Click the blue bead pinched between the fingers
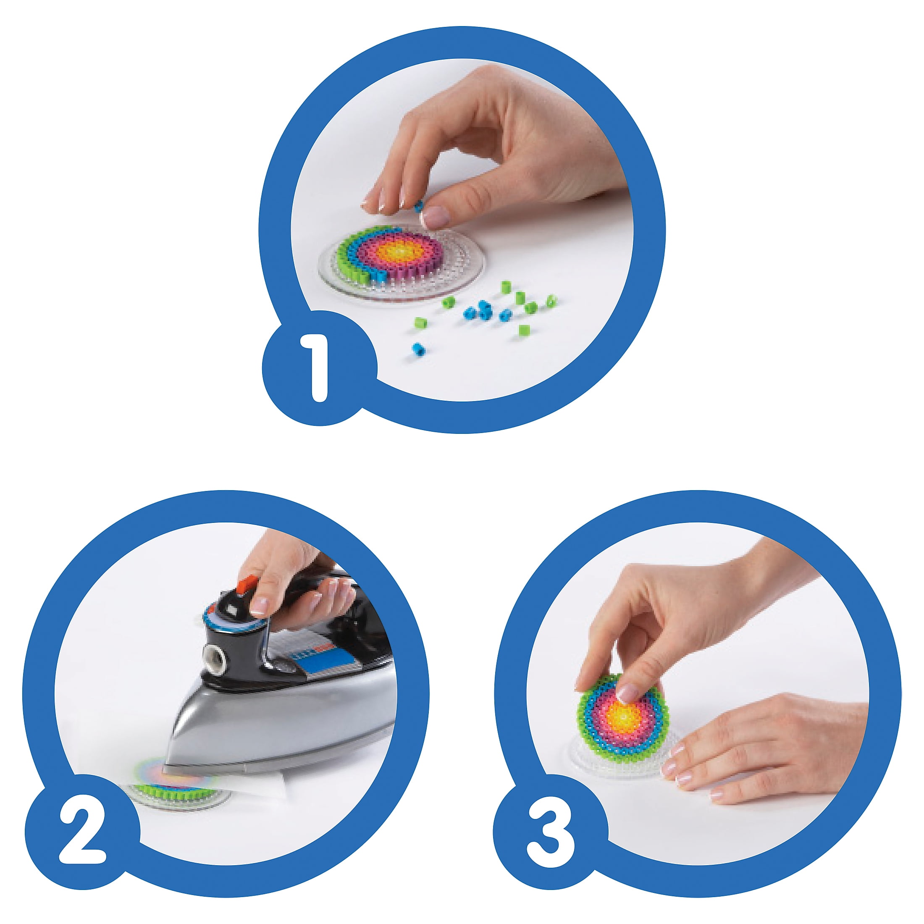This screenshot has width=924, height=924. (419, 206)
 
